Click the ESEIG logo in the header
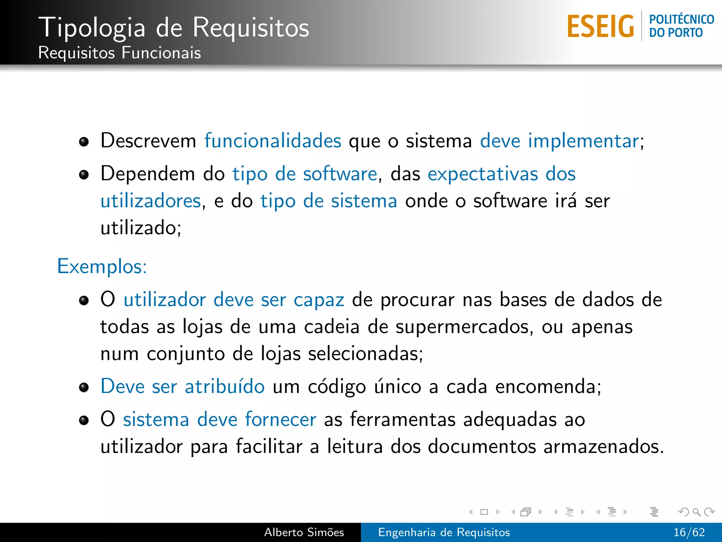[x=600, y=26]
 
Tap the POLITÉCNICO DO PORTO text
[x=681, y=26]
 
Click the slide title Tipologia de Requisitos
[x=173, y=28]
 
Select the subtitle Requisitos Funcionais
[x=120, y=53]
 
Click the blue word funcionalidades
[x=273, y=141]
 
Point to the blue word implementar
[x=583, y=141]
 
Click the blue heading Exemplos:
[x=102, y=266]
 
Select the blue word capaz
[x=319, y=300]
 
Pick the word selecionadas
[x=365, y=354]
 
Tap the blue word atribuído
[x=225, y=386]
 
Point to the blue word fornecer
[x=281, y=420]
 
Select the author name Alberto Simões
[x=304, y=532]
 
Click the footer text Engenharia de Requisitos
[x=444, y=532]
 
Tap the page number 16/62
[x=689, y=532]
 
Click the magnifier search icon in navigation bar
[x=696, y=512]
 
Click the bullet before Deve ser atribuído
[x=84, y=387]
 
